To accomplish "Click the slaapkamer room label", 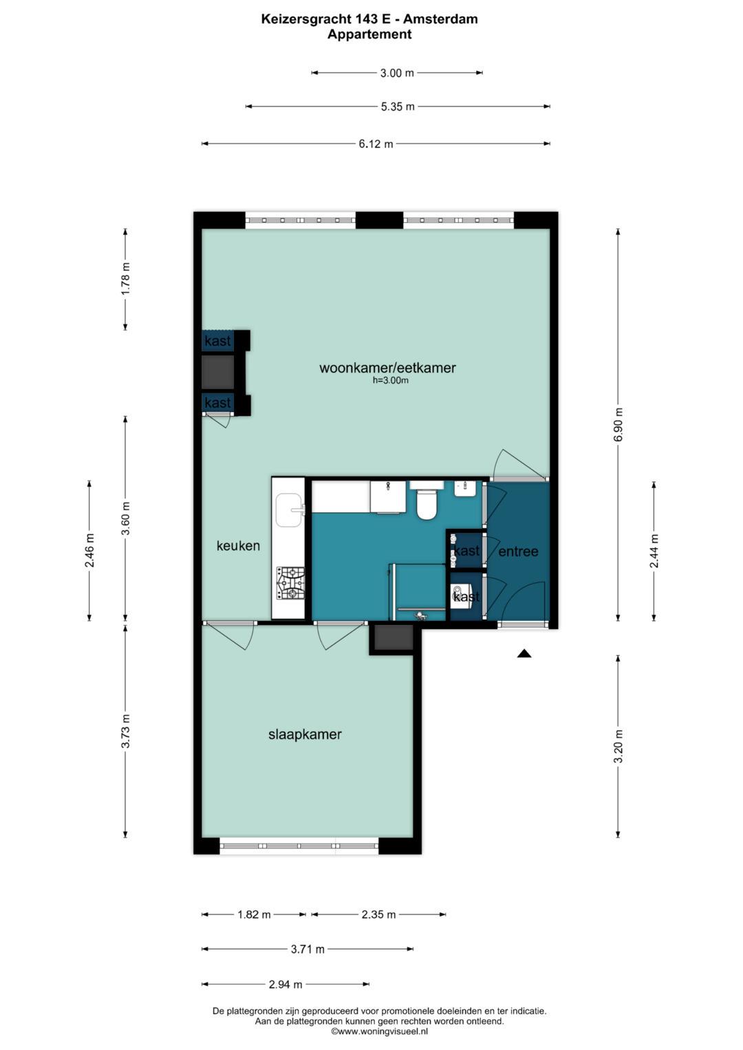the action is [304, 734].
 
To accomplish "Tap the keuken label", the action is [238, 545].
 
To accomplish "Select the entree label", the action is [518, 551].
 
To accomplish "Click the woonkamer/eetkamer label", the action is [387, 368].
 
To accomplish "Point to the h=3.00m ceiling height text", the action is [390, 381].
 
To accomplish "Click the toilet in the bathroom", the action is [427, 501].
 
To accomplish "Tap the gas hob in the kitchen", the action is [290, 582].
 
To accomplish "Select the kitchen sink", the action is [290, 510].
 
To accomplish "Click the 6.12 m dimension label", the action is [376, 144].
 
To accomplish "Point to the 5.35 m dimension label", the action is [398, 107].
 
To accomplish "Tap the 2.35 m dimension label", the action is [378, 915].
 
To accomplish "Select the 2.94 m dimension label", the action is [286, 985].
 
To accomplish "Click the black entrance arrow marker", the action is [524, 653].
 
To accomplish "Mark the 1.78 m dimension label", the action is [125, 279].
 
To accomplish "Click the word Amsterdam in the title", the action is [440, 19].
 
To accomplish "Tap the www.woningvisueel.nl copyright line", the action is [379, 1031].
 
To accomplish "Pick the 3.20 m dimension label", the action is [618, 746].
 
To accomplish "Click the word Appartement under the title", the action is [369, 34].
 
